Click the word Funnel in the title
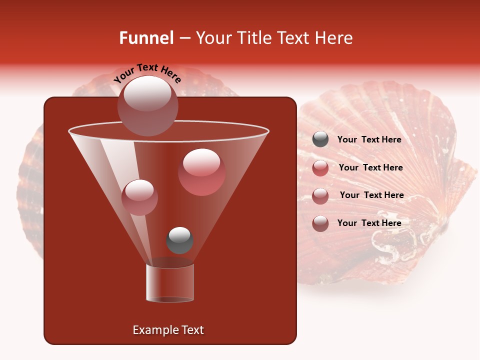[x=146, y=38]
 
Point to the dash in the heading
[x=184, y=38]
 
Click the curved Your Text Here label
[x=147, y=73]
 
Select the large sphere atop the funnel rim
[x=147, y=105]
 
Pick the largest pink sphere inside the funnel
[x=201, y=171]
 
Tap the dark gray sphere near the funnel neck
[x=179, y=240]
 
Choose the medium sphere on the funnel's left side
[x=139, y=197]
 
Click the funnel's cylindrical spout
[x=170, y=283]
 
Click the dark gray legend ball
[x=320, y=139]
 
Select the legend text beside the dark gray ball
[x=369, y=139]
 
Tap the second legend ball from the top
[x=320, y=167]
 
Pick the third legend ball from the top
[x=320, y=195]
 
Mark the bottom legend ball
[x=320, y=223]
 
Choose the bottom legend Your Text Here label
[x=369, y=223]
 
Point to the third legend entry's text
[x=371, y=195]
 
